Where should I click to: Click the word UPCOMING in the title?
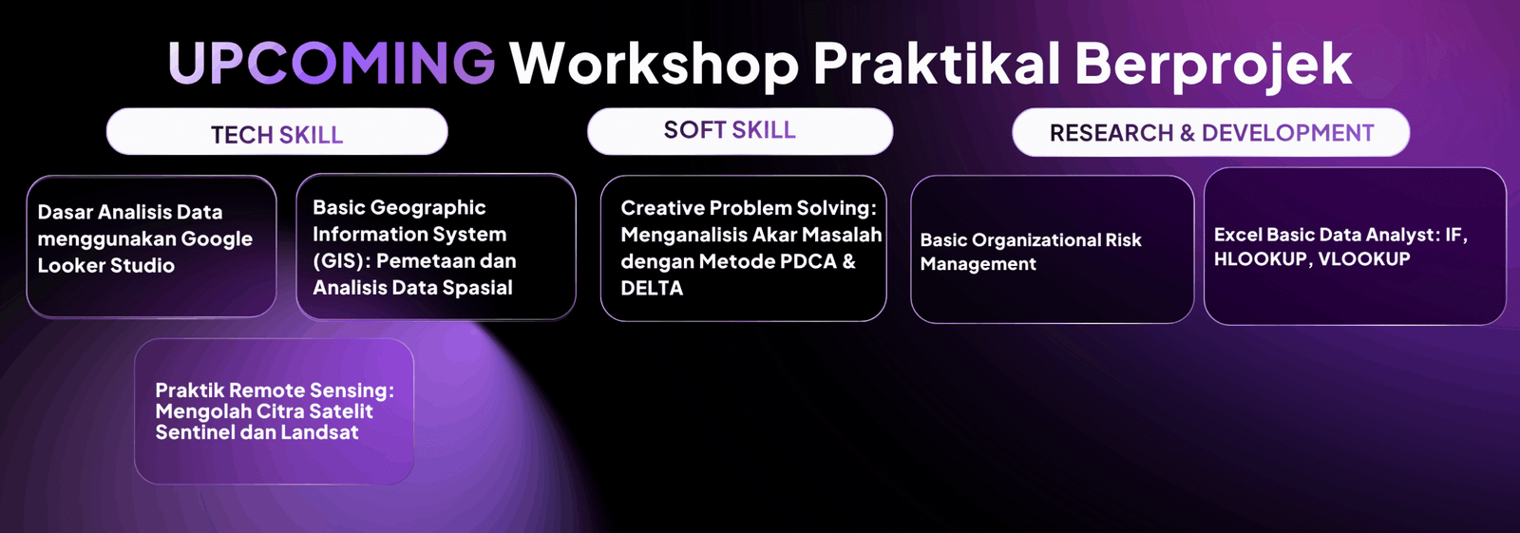click(332, 63)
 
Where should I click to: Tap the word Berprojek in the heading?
click(1212, 66)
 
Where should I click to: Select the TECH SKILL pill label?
click(276, 132)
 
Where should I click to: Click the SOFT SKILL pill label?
click(740, 131)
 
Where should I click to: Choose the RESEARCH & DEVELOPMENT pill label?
click(1210, 132)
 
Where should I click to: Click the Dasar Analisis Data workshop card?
click(151, 246)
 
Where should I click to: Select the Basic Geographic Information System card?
click(436, 246)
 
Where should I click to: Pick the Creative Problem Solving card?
click(743, 249)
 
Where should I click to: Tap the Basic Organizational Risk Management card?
click(1052, 249)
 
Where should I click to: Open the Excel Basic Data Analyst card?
click(1355, 246)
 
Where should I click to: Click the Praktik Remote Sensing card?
click(275, 411)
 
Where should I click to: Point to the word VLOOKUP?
click(1364, 258)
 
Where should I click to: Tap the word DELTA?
click(652, 288)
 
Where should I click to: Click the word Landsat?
click(319, 432)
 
